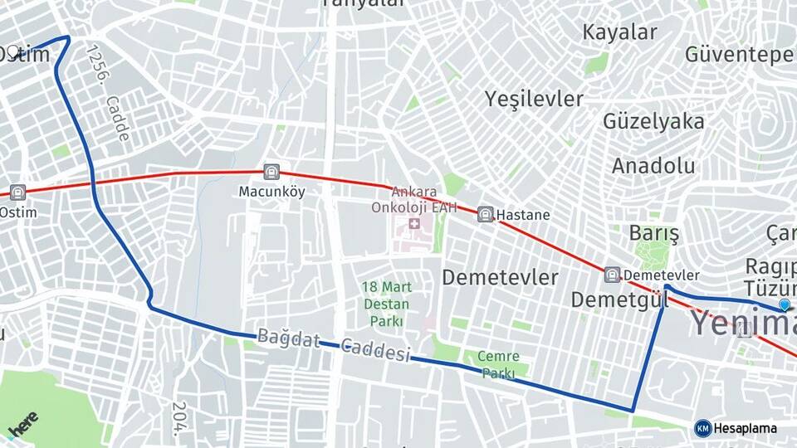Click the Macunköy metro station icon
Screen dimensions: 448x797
(x=271, y=173)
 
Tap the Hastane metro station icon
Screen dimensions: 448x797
(x=486, y=214)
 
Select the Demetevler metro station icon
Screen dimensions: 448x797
(x=613, y=275)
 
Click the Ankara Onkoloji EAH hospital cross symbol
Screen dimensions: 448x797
(x=413, y=225)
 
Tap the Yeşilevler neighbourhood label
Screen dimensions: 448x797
(x=534, y=99)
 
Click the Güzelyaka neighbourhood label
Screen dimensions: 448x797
(x=653, y=121)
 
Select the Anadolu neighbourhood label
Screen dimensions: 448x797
(x=653, y=166)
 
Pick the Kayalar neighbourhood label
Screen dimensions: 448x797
(x=619, y=32)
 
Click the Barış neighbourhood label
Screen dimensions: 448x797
(x=654, y=233)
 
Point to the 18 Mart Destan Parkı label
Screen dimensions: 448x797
(x=386, y=304)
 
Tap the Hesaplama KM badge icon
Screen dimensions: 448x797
(x=702, y=428)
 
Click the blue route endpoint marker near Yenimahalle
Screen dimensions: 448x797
(x=784, y=306)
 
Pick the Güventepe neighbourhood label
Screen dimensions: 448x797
(x=739, y=55)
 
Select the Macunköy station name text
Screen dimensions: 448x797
(x=271, y=192)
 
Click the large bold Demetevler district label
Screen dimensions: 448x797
(x=500, y=277)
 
